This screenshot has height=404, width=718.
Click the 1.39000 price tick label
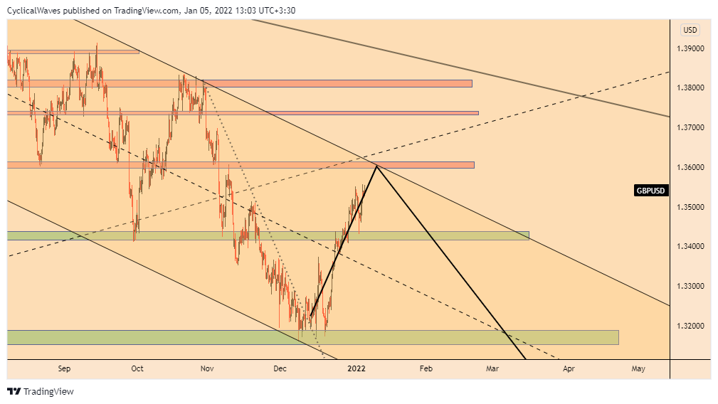(x=690, y=48)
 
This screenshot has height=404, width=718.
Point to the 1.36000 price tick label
(x=690, y=167)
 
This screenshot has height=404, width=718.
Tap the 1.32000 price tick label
(x=690, y=326)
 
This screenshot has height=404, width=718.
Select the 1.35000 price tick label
(x=690, y=207)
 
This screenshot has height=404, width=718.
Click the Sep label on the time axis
(x=64, y=368)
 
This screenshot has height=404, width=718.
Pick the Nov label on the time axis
(x=207, y=368)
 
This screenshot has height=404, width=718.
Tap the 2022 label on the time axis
(x=356, y=368)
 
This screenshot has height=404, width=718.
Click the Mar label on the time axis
(x=492, y=368)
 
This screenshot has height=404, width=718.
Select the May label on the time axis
(x=638, y=368)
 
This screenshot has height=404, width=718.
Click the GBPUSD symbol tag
(x=651, y=191)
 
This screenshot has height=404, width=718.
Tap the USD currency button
(x=690, y=30)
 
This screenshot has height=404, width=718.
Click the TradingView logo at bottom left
(x=41, y=391)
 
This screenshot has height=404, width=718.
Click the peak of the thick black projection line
(x=376, y=166)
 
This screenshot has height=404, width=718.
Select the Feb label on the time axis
(x=426, y=368)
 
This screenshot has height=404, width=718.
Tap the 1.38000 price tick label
(x=690, y=87)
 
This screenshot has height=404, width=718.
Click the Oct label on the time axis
(x=137, y=368)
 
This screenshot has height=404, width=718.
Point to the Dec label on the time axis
(x=280, y=368)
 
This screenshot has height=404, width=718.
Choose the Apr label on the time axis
(x=569, y=368)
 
